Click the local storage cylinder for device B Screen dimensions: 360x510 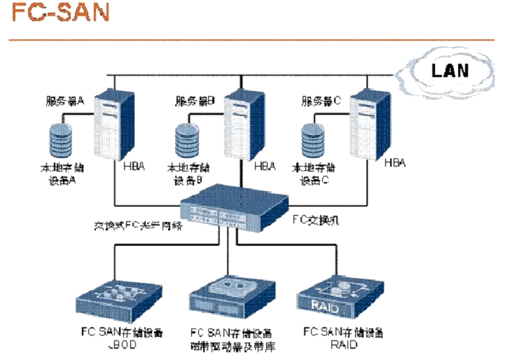tap(186, 141)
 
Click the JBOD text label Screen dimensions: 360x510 tap(112, 345)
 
